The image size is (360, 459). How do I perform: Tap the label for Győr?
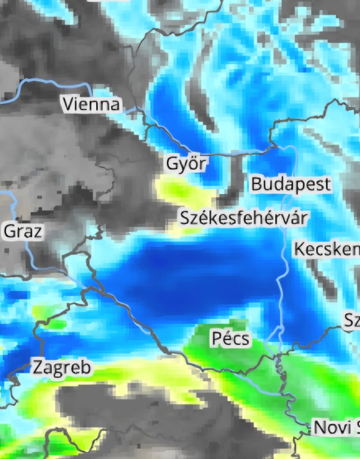point(186,164)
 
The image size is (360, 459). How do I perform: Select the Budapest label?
point(290,184)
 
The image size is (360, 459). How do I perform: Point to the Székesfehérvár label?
point(244,217)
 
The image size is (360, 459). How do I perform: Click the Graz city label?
point(24,231)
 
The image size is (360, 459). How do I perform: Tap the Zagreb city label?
point(63,367)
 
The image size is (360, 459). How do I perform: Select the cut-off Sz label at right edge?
point(352,321)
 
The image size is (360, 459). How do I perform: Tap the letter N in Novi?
point(319,427)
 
